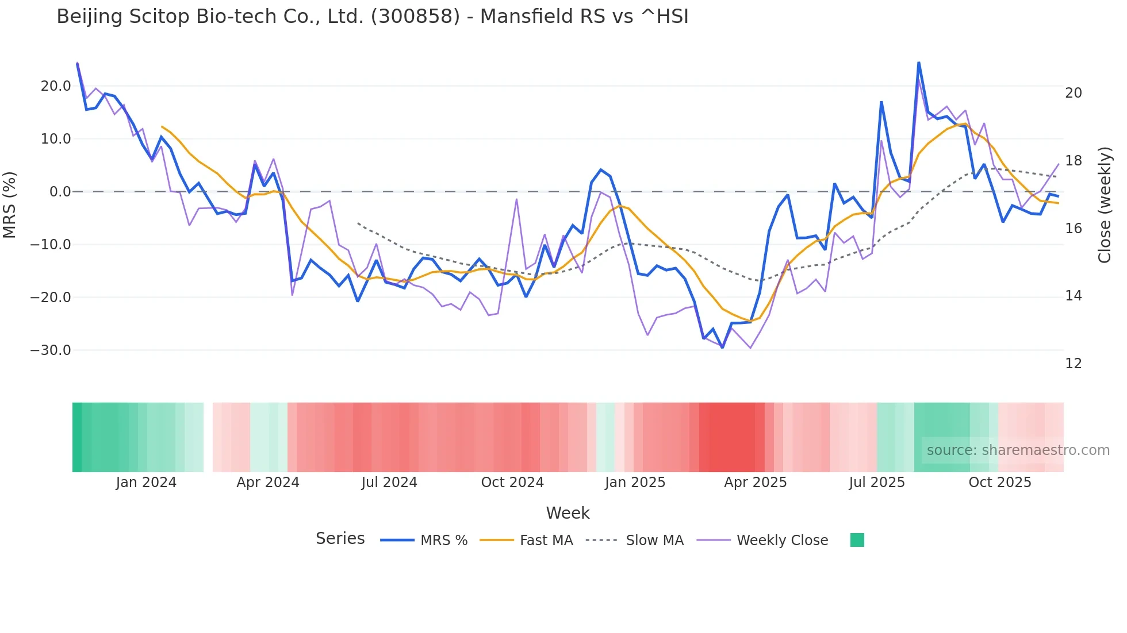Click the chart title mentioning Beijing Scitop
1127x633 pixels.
[372, 17]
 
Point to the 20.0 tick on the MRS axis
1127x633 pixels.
[56, 86]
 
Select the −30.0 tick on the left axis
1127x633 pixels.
[51, 350]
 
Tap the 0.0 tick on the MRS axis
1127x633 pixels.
[60, 192]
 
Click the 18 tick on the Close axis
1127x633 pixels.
[1073, 161]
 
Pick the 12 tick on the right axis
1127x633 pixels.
[1073, 364]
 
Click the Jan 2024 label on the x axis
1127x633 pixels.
[146, 483]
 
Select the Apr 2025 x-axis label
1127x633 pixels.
[755, 483]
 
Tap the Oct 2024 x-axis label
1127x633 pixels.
[512, 483]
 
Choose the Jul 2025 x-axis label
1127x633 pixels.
[876, 483]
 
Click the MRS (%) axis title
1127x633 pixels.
[10, 205]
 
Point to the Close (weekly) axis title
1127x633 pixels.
[1105, 205]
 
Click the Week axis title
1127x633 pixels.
[568, 513]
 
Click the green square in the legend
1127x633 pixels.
[857, 540]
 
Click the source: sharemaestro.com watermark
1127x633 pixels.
[1018, 450]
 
